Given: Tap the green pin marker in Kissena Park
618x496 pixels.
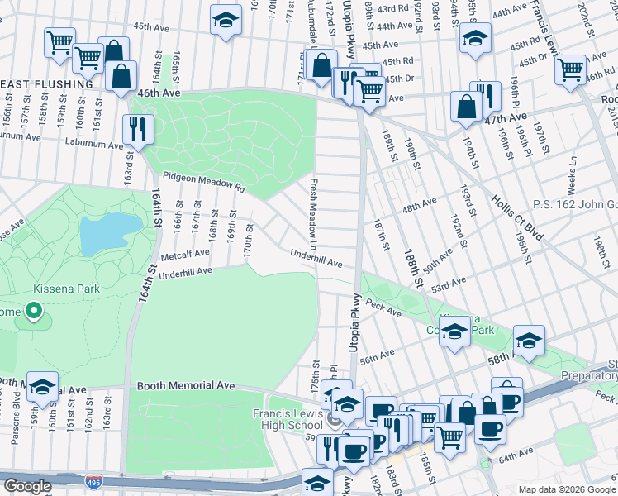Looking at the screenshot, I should (34, 312).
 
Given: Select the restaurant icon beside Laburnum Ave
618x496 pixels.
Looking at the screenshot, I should (136, 129).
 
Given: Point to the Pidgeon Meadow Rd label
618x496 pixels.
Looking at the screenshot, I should (204, 182).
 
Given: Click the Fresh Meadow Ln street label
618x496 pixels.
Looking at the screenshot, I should (313, 213).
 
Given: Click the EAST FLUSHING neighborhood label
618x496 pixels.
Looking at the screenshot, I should (46, 84).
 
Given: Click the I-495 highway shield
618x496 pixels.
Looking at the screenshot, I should (90, 480).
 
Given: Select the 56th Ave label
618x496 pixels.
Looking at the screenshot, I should (377, 356).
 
